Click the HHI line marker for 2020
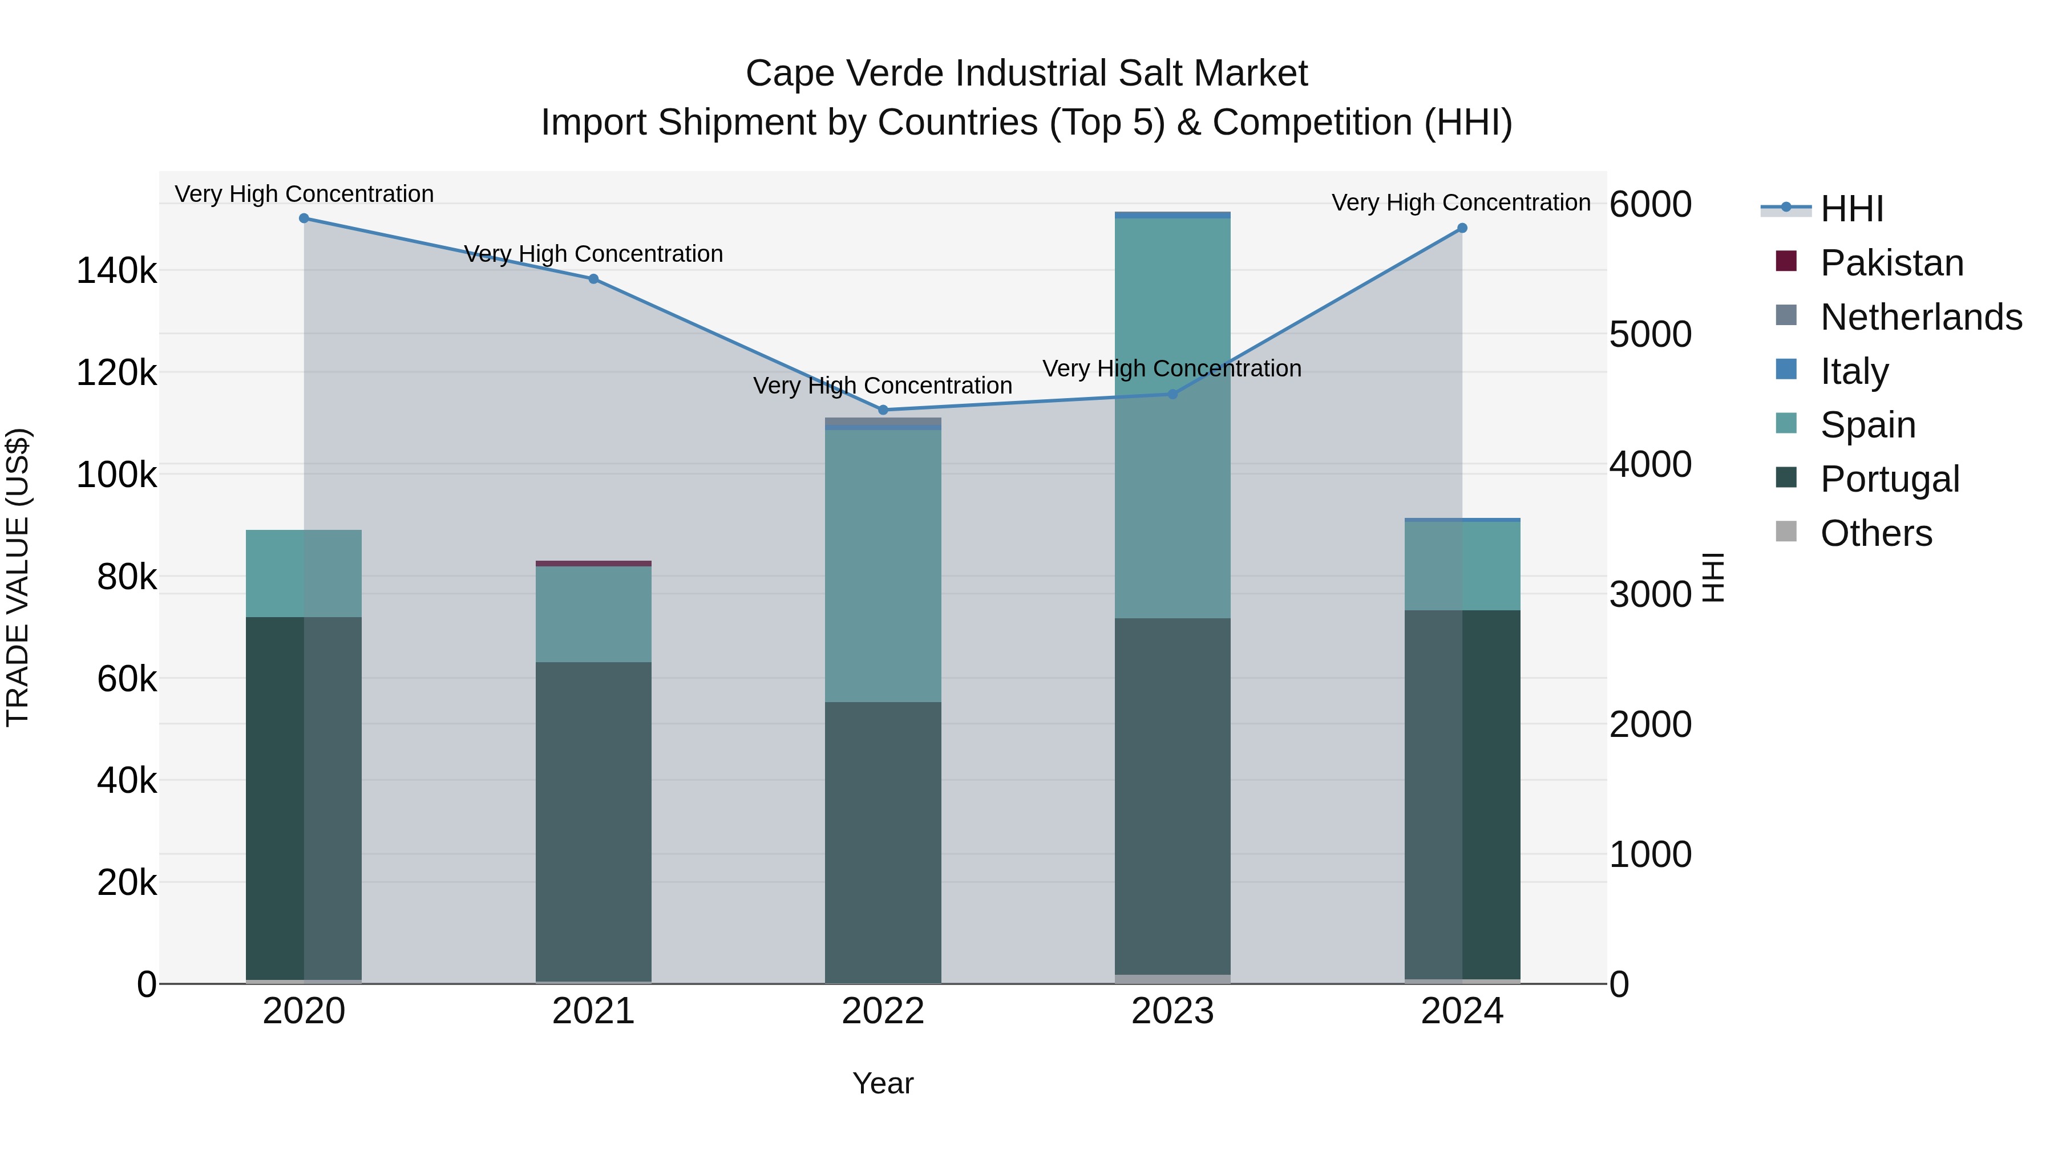pos(304,218)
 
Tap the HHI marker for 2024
pos(1462,229)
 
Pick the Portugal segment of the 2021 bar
pos(593,821)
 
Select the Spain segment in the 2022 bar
pos(883,566)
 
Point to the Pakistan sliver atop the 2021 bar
pos(593,564)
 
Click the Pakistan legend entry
pos(1891,263)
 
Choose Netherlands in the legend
pos(1920,317)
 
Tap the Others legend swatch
pos(1786,532)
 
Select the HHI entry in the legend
pos(1851,209)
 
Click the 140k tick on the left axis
pos(116,271)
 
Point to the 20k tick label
pos(127,882)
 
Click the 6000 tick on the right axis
pos(1649,204)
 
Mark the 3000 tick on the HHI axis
pos(1649,595)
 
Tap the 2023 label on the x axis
pos(1172,1011)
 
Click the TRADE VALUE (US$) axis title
pos(18,577)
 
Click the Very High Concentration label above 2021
pos(593,254)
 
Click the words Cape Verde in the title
pos(845,74)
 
